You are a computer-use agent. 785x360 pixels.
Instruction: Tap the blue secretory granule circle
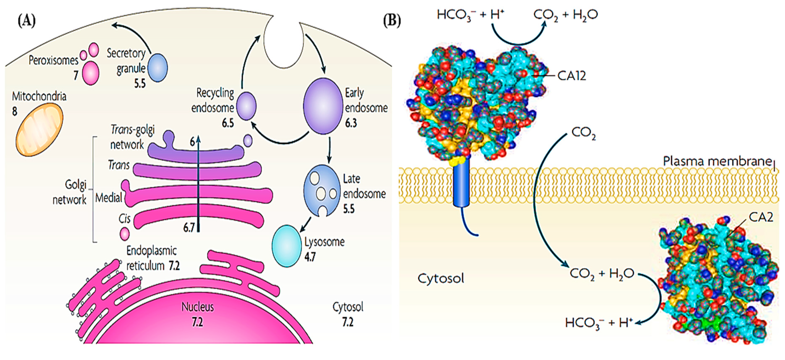[x=157, y=68]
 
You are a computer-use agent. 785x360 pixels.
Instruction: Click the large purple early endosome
[x=323, y=106]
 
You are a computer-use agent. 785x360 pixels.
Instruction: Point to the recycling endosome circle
[x=246, y=106]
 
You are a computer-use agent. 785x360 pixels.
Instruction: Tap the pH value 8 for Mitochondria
[x=15, y=112]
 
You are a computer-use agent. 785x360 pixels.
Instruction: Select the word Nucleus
[x=198, y=307]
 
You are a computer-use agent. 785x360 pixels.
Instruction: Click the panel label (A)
[x=27, y=21]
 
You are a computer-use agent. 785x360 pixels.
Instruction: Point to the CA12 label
[x=572, y=76]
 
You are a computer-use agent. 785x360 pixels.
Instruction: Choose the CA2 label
[x=761, y=217]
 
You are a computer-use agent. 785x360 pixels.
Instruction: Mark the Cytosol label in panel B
[x=441, y=278]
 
